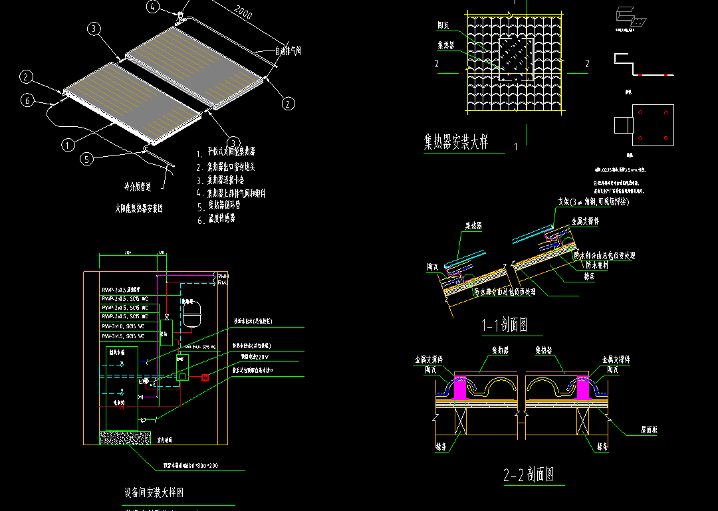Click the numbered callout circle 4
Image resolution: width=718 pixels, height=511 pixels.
[x=153, y=7]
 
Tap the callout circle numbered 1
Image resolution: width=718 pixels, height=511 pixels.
[x=68, y=144]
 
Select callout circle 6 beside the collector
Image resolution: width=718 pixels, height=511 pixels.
[x=27, y=100]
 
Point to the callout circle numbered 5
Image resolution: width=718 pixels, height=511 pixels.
[x=86, y=159]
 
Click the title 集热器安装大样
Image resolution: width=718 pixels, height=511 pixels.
[x=456, y=142]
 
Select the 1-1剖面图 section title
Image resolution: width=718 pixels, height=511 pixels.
[x=505, y=326]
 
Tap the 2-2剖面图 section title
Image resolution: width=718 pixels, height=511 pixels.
[x=529, y=475]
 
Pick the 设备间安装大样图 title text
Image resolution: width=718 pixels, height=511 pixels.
[x=154, y=493]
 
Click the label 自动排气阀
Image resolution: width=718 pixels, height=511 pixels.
[x=289, y=51]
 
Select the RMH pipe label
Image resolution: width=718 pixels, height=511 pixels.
[x=223, y=274]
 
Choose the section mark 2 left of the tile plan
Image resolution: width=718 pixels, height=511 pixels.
[x=437, y=64]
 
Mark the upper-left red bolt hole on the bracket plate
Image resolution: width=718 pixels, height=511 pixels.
[x=640, y=113]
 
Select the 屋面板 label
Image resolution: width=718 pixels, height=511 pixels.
[x=650, y=431]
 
